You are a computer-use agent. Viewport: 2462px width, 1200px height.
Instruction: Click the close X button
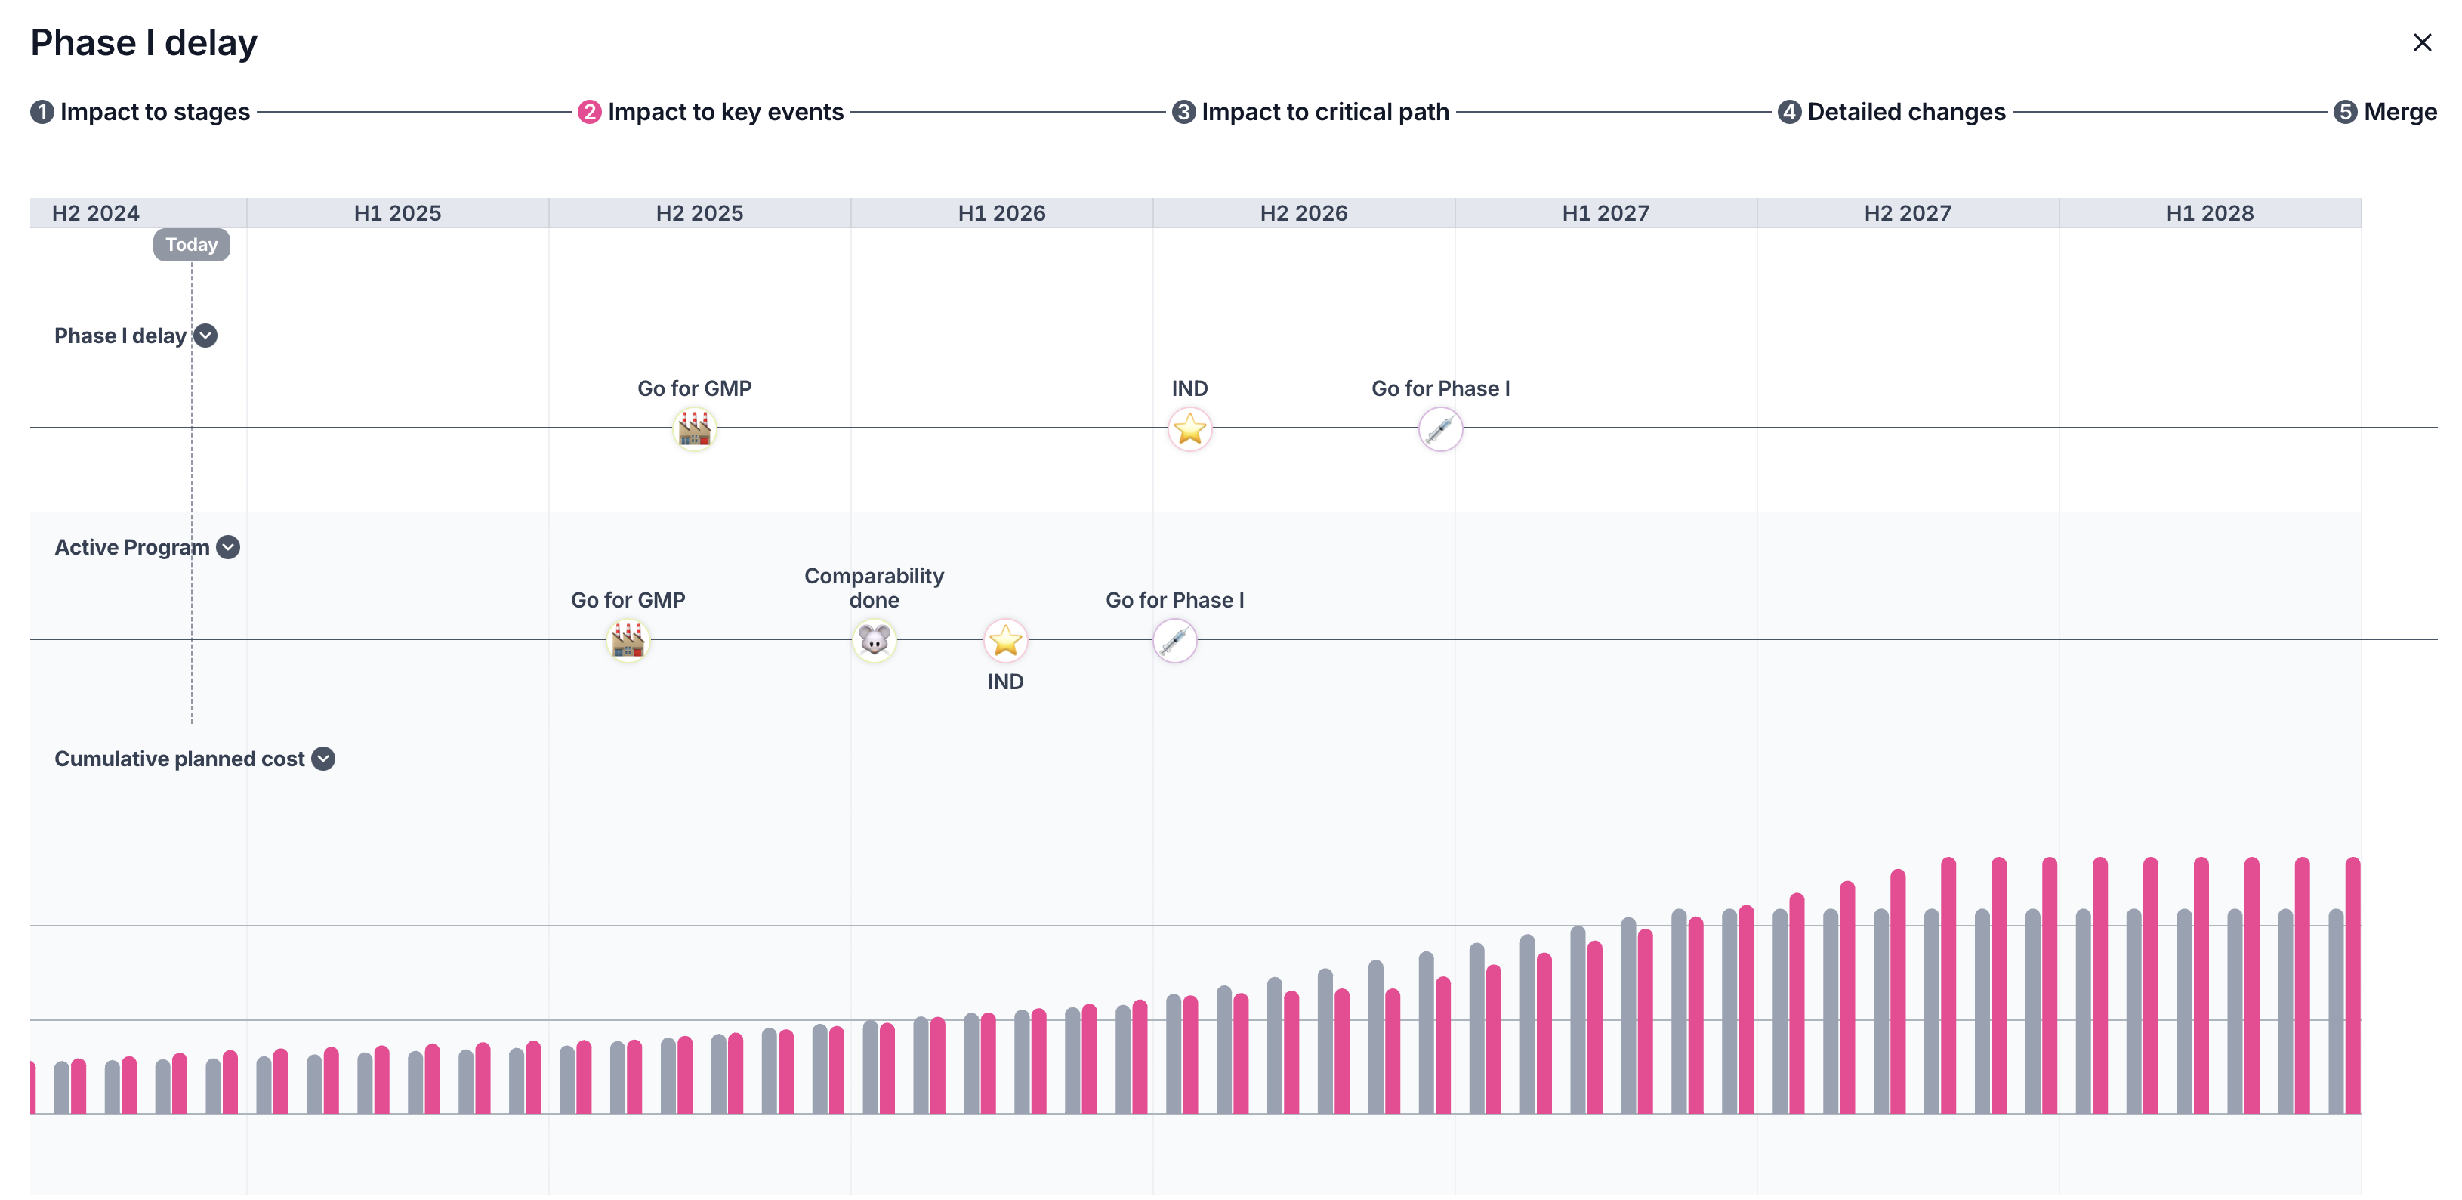pos(2421,43)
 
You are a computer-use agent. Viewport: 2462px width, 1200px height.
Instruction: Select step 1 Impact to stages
pos(140,112)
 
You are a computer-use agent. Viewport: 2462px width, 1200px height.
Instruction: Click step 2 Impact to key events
pos(711,112)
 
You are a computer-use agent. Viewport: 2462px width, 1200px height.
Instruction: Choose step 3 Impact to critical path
pos(1310,112)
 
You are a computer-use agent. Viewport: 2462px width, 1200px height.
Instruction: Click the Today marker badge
pos(191,245)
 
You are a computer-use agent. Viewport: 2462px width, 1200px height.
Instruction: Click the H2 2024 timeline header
pos(96,213)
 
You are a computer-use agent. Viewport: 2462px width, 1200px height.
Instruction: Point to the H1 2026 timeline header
pos(1001,213)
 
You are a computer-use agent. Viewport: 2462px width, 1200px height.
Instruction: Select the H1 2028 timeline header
pos(2209,213)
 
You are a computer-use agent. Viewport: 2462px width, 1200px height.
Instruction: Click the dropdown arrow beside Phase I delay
pos(205,336)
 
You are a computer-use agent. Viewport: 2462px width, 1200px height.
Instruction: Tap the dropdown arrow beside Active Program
pos(227,547)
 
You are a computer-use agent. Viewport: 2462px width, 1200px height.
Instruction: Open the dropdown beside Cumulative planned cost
pos(324,758)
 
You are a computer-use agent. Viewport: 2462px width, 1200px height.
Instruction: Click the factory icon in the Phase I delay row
pos(695,429)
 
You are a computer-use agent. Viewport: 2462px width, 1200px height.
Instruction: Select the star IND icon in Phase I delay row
pos(1190,429)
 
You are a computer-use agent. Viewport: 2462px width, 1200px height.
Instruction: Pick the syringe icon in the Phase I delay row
pos(1440,429)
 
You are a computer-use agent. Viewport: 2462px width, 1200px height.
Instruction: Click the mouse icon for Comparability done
pos(874,641)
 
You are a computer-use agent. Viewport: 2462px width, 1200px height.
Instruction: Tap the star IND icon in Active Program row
pos(1005,641)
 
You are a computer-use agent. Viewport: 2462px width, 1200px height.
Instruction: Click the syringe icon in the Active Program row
pos(1174,641)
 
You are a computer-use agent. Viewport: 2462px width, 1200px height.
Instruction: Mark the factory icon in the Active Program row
pos(628,641)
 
